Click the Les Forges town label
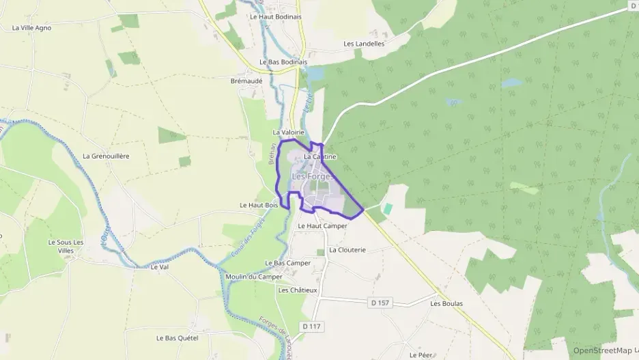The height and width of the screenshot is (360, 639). click(x=313, y=176)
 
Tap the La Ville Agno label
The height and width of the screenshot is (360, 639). click(x=31, y=28)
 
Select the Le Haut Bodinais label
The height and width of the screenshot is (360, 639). click(x=276, y=16)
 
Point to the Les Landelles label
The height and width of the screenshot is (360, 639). click(x=364, y=44)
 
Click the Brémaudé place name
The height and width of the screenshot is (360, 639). click(x=246, y=80)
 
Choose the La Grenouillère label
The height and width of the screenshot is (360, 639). click(x=106, y=156)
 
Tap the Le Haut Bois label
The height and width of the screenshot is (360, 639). click(x=259, y=205)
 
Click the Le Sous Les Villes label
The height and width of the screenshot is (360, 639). click(x=66, y=246)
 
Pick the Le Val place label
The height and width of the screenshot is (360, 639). click(x=158, y=267)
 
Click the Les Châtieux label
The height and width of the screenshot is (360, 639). click(x=298, y=290)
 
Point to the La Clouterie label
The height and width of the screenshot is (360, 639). click(x=347, y=250)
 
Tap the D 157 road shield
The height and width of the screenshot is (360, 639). click(x=381, y=302)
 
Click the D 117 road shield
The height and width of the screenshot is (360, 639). click(x=310, y=327)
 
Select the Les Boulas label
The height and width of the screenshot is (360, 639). click(x=446, y=303)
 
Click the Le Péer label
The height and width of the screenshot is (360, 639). click(x=421, y=355)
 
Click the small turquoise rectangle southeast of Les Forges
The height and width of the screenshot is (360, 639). click(x=388, y=208)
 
